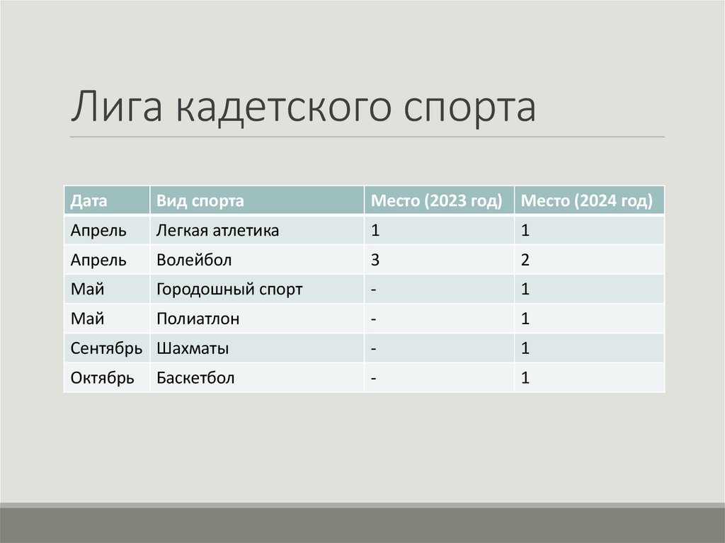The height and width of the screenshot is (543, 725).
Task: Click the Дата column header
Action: pos(89,201)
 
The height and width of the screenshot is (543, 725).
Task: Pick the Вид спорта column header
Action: pos(200,201)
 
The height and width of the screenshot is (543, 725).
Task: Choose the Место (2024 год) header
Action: pos(586,201)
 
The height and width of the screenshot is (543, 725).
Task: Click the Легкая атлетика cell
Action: pos(217,231)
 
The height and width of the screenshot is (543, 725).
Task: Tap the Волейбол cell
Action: pos(194,261)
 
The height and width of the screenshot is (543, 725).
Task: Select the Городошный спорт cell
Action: pos(229,290)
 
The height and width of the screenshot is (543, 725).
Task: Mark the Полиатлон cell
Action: pos(198,319)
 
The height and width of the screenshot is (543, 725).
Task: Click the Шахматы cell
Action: pos(193,349)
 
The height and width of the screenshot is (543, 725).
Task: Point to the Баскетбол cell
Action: pos(195,379)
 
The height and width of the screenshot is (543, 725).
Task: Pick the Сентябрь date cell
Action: pos(107,349)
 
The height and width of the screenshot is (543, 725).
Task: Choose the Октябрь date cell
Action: pos(103,379)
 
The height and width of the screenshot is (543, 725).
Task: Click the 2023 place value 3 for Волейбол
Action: pos(375,261)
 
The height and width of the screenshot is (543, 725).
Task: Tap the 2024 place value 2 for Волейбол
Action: pos(525,261)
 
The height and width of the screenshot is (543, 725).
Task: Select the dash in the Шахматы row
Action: pos(373,349)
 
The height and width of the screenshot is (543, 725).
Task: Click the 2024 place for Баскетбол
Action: pos(525,379)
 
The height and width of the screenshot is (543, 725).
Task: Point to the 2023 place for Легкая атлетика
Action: pos(375,231)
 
